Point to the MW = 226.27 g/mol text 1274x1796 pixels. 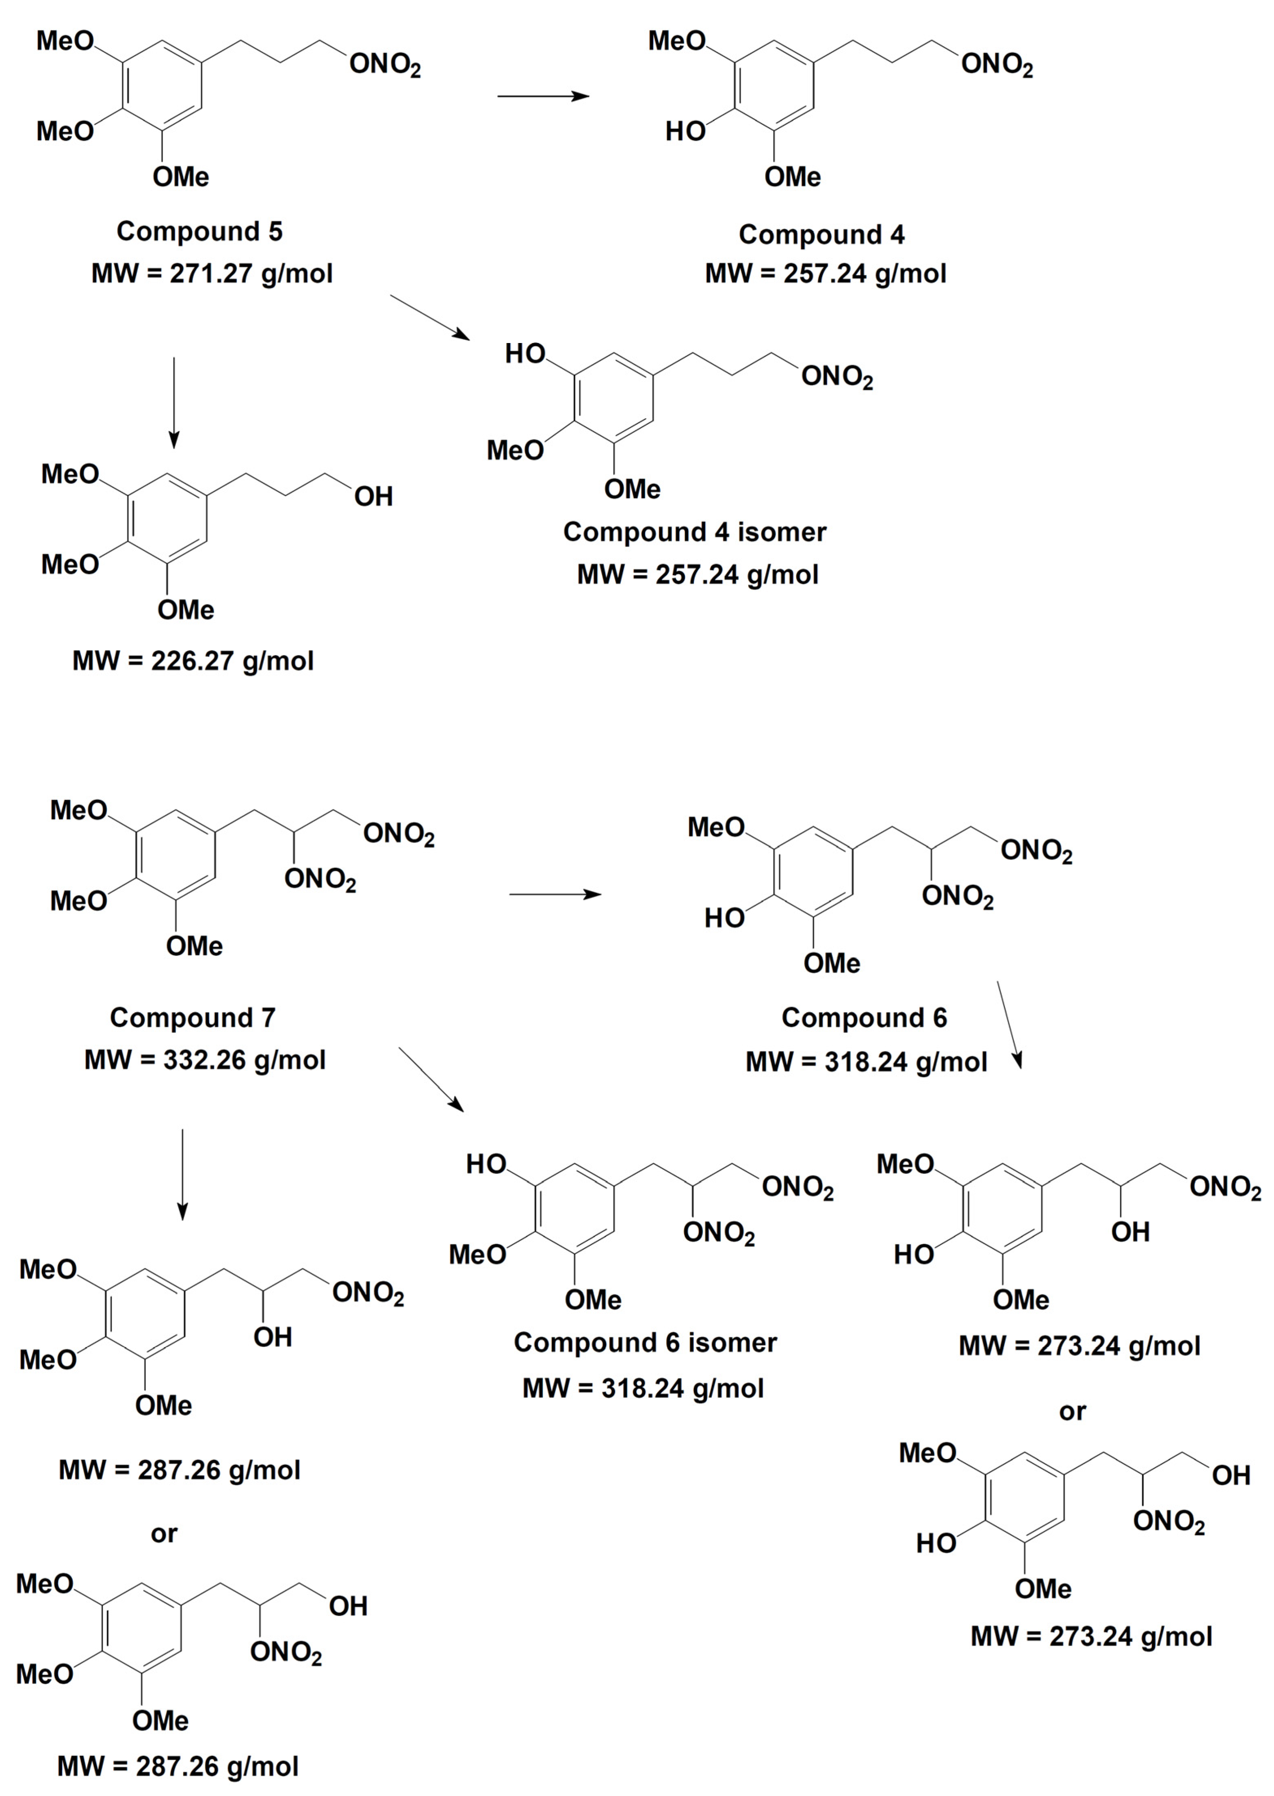(193, 661)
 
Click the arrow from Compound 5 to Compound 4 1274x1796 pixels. (543, 96)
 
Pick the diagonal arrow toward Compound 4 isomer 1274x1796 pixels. (430, 317)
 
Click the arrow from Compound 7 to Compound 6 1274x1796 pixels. (555, 894)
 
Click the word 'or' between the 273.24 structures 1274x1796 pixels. (1072, 1412)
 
